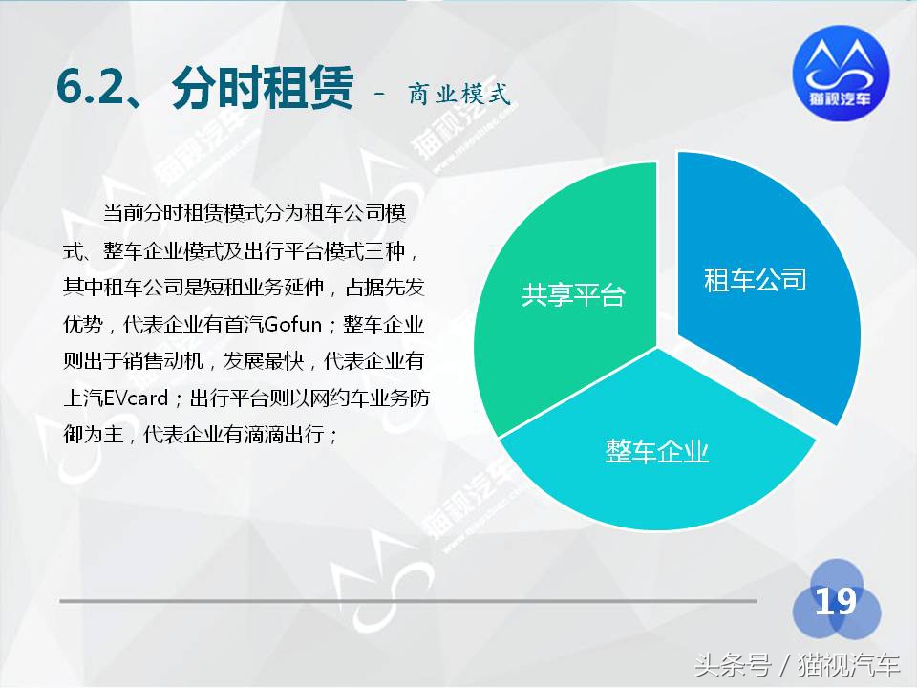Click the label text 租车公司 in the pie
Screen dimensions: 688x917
coord(756,280)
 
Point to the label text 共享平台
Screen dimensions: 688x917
coord(572,295)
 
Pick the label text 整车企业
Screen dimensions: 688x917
coord(657,451)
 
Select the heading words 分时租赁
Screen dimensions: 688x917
coord(262,92)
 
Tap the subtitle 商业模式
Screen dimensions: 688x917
coord(459,94)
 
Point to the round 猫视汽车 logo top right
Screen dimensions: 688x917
coord(841,76)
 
